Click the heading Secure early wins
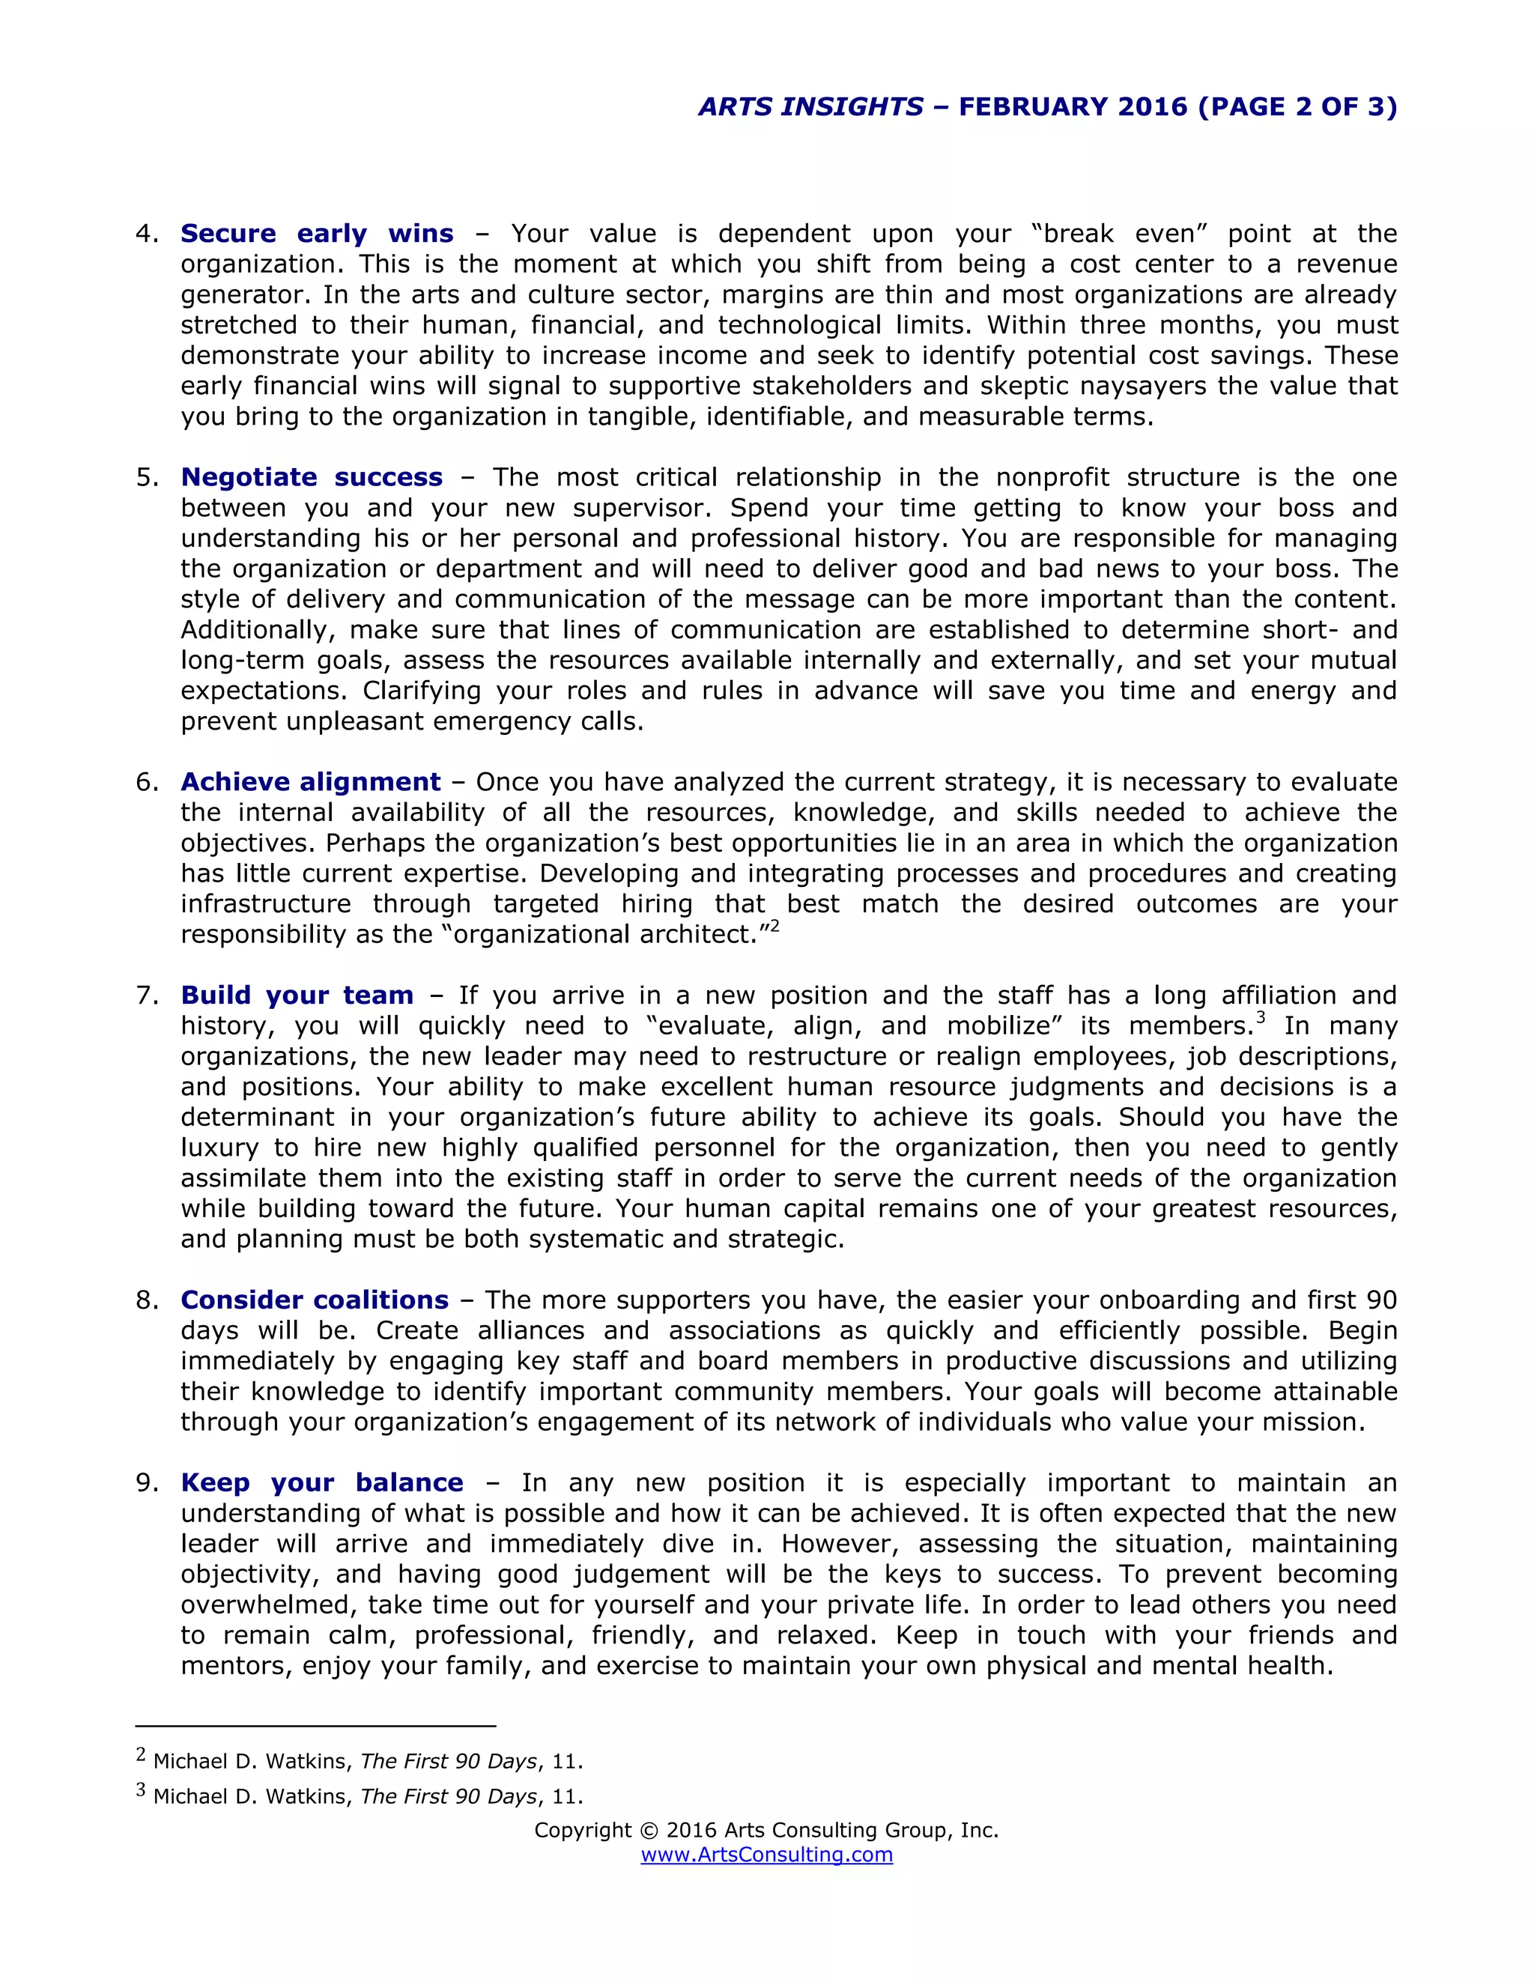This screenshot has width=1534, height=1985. (316, 234)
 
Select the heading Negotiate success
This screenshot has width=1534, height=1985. (312, 477)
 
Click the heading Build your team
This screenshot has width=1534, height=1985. (297, 995)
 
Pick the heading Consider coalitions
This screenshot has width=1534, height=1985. (315, 1300)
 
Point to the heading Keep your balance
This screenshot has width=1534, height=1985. (321, 1482)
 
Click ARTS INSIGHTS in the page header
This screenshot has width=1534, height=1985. (810, 107)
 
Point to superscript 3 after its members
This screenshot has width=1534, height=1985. (1261, 1018)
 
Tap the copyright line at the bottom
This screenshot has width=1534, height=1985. (766, 1830)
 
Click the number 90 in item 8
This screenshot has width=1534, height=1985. (1380, 1300)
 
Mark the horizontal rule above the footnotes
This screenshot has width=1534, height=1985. (315, 1725)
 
